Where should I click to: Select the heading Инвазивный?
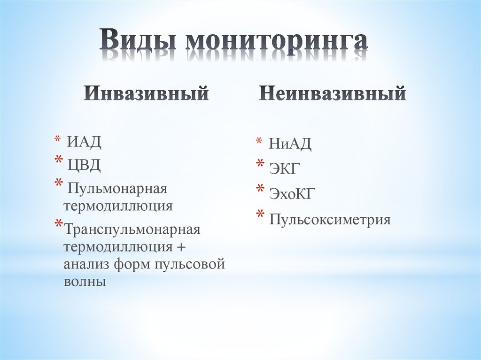coord(146,93)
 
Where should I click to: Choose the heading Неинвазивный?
coord(332,93)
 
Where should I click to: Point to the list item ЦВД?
coord(84,164)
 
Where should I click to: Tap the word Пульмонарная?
coord(117,189)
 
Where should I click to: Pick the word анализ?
coord(86,264)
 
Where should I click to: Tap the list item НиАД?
coord(290,144)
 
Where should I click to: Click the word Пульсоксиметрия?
coord(330,219)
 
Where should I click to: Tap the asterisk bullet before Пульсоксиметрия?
coord(259,216)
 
